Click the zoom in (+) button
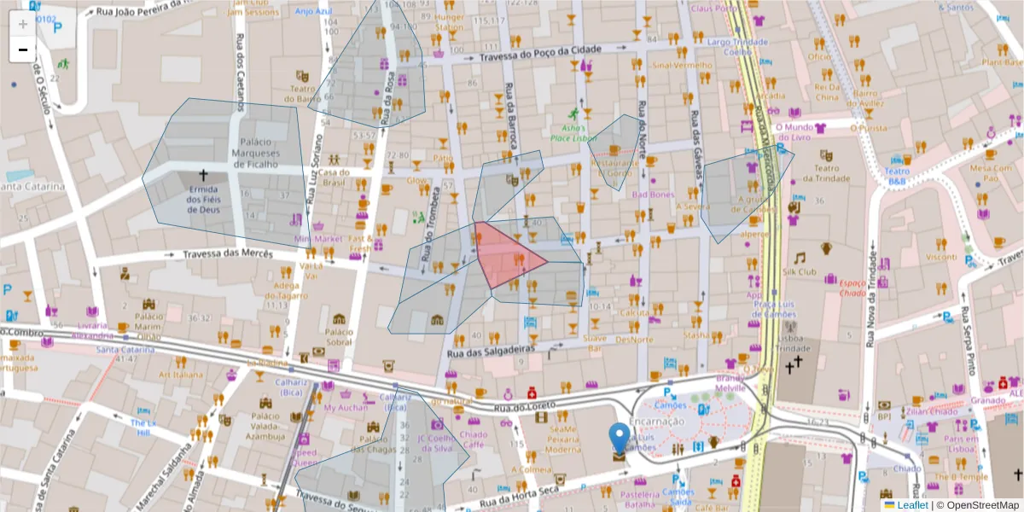point(23,24)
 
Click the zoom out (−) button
point(23,49)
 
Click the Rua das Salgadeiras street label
point(491,350)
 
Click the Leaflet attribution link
point(912,505)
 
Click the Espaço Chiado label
point(852,288)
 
